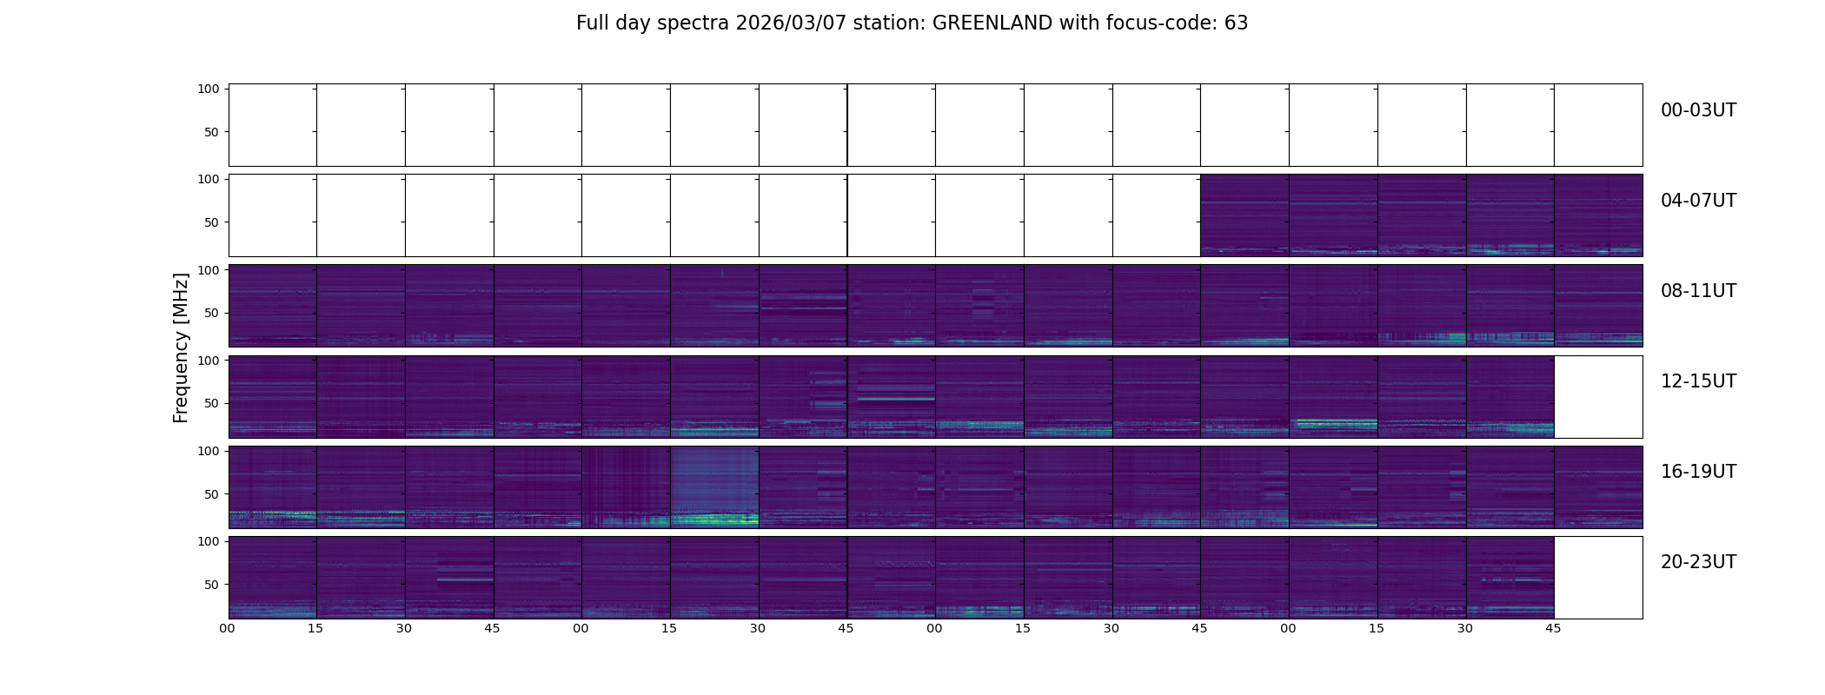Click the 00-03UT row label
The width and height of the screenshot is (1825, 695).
click(1698, 110)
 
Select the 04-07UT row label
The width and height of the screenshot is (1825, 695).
click(1698, 201)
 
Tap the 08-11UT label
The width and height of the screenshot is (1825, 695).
click(1698, 291)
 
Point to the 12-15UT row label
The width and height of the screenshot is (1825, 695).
click(1698, 381)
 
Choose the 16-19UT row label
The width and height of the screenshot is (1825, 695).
click(1698, 472)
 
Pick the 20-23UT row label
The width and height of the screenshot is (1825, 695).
click(1698, 562)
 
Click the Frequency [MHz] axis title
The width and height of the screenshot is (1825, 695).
click(181, 347)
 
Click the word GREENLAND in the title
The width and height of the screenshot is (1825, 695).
click(992, 23)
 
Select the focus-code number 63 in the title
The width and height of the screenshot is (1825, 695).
click(1236, 23)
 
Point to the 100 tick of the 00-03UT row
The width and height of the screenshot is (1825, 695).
click(209, 89)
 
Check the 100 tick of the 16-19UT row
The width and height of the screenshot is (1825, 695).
click(209, 451)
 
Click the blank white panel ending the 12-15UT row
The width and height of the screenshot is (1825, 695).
click(1597, 396)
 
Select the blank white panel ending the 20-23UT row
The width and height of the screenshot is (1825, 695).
click(1597, 577)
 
